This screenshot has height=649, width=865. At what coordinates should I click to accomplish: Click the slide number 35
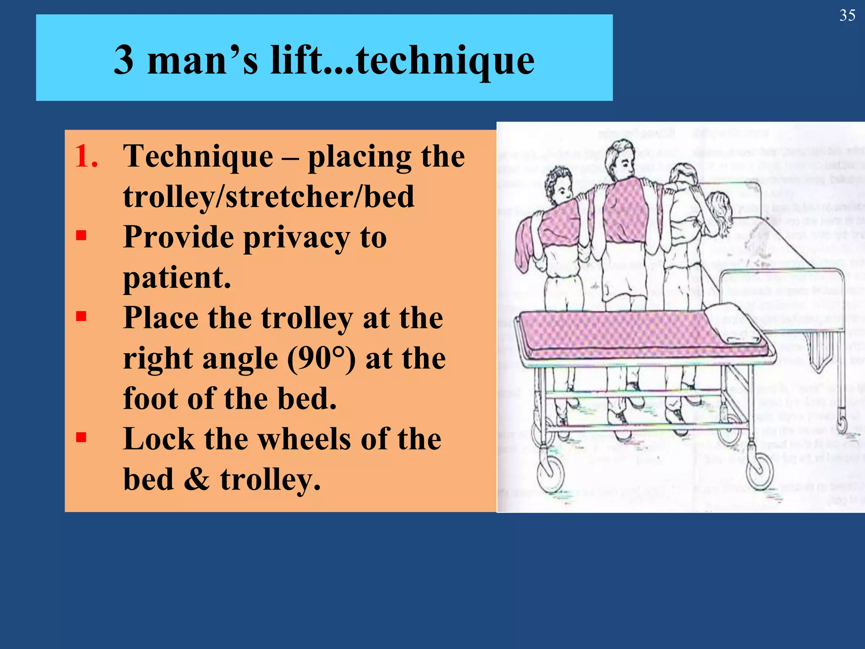(x=847, y=16)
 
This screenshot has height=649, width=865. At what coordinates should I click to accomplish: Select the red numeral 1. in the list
(x=87, y=156)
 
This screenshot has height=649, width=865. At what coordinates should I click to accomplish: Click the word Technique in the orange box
(x=198, y=156)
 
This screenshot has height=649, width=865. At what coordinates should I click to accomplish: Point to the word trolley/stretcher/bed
(x=269, y=196)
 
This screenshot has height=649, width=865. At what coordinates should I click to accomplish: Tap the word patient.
(x=177, y=278)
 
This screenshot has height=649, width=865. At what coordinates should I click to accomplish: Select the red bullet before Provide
(x=81, y=235)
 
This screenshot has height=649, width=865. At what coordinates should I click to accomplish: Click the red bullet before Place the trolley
(x=81, y=316)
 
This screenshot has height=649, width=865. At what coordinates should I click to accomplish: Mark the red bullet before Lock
(x=81, y=437)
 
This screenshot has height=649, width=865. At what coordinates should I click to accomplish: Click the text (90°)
(x=321, y=358)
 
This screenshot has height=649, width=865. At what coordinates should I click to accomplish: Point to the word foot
(x=150, y=398)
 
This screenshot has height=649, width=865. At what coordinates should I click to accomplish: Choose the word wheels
(x=305, y=439)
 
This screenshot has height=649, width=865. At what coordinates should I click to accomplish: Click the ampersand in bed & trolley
(x=197, y=480)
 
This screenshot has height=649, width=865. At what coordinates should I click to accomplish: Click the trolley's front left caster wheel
(x=550, y=475)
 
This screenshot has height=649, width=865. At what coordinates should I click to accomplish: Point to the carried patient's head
(x=721, y=211)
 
